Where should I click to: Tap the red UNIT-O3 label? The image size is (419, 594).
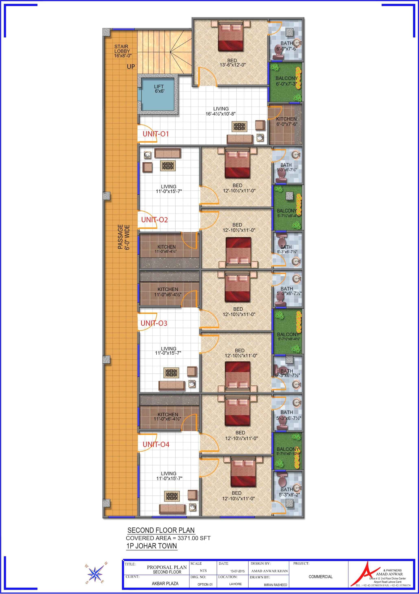click(x=154, y=323)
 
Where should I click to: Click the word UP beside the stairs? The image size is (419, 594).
click(x=131, y=67)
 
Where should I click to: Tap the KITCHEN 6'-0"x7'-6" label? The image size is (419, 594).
click(x=287, y=121)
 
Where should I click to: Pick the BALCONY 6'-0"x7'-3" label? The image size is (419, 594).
click(x=287, y=81)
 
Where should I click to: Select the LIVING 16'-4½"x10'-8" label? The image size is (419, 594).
click(x=221, y=111)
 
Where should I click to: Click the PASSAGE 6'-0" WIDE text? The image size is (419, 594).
click(x=124, y=237)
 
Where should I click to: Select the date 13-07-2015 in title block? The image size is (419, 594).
click(x=237, y=571)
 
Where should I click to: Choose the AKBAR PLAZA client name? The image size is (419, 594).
click(x=165, y=584)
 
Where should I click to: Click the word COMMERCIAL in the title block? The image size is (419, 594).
click(x=321, y=577)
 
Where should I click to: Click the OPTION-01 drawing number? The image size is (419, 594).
click(x=205, y=584)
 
